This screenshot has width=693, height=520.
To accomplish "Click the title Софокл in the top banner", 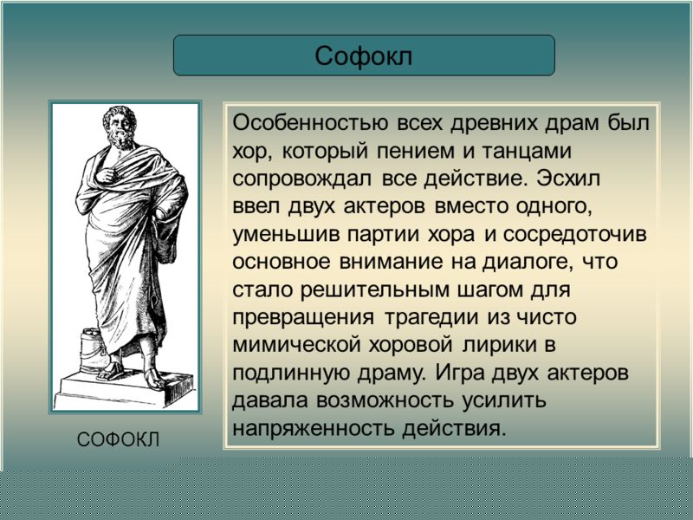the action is [364, 56].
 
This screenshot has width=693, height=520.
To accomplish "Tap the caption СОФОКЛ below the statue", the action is [118, 440].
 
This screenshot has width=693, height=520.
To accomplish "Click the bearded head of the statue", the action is [120, 127].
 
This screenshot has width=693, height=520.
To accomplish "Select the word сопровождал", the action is [301, 179].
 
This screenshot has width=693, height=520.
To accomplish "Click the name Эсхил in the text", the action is [569, 179].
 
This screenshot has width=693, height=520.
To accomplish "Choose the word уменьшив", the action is [286, 235].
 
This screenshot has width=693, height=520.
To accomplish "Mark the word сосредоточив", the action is [574, 235].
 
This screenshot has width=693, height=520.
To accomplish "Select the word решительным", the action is [375, 290].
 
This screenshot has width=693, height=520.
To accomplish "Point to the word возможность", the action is [385, 401].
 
